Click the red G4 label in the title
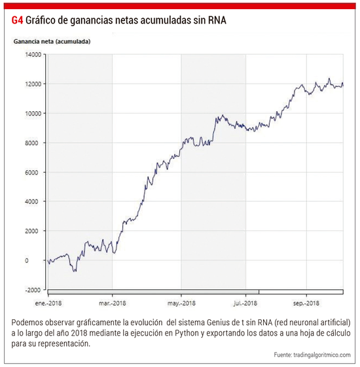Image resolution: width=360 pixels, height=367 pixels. [x=17, y=20]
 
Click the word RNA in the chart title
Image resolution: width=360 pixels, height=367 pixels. [x=217, y=20]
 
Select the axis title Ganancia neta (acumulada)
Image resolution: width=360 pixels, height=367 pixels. [x=52, y=42]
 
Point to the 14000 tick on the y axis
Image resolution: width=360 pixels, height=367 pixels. [x=33, y=54]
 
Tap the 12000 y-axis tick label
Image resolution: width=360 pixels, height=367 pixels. [x=33, y=84]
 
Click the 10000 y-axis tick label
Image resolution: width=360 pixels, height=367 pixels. [x=33, y=114]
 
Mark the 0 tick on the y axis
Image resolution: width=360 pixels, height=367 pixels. [x=27, y=260]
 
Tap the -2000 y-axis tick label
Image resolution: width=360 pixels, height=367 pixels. [x=33, y=290]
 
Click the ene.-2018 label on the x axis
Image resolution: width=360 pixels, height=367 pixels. [x=48, y=304]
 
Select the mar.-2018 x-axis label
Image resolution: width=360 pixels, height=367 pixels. [x=113, y=304]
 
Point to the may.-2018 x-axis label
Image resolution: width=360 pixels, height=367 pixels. [x=181, y=304]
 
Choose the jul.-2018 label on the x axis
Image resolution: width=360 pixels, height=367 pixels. [x=245, y=304]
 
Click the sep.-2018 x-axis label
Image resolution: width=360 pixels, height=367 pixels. [x=306, y=304]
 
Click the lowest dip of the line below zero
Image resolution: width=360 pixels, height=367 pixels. [x=75, y=271]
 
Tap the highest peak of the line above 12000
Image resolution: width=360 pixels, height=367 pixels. [x=329, y=79]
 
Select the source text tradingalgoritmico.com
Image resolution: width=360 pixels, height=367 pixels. [x=322, y=355]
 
